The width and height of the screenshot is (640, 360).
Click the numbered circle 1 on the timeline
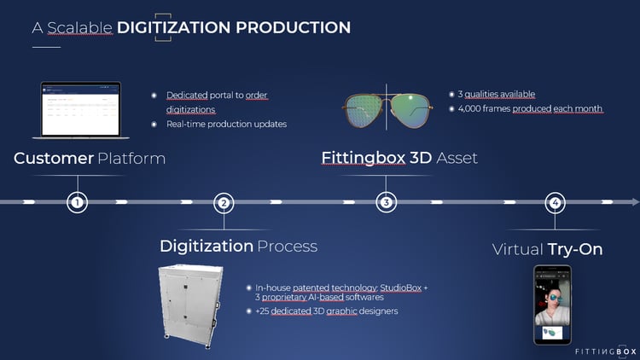click(x=78, y=203)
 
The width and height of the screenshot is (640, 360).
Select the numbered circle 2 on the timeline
click(x=224, y=203)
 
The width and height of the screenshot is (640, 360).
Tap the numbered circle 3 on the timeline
click(x=387, y=203)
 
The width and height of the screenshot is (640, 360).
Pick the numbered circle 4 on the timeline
click(x=556, y=203)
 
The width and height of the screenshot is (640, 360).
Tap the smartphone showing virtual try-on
click(x=552, y=305)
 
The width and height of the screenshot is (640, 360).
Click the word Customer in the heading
click(x=54, y=159)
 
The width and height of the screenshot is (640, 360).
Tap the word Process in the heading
click(x=288, y=247)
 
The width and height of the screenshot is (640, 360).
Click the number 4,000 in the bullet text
click(x=474, y=109)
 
